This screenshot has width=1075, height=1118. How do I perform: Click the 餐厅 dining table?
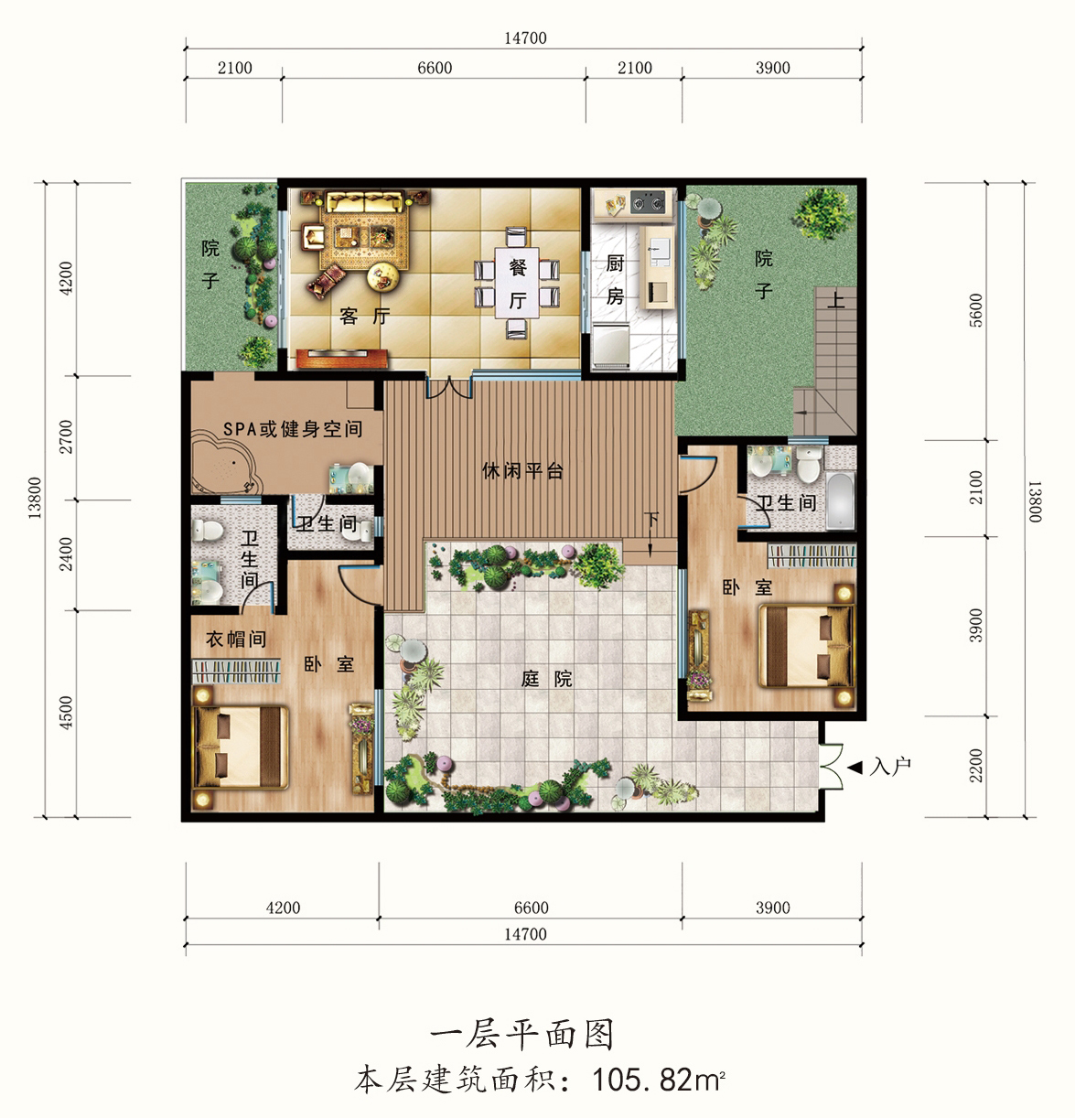coord(517,283)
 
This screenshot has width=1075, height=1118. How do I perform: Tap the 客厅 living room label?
coord(365,316)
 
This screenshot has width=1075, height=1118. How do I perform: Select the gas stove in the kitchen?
coord(648,201)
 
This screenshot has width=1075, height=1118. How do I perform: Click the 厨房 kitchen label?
coord(615,280)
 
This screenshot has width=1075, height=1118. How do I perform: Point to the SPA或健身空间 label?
coord(293,428)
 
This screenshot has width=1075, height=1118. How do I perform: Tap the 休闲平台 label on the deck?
coord(522,471)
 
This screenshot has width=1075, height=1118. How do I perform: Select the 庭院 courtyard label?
coord(546,679)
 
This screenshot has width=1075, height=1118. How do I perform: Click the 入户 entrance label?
coord(890,766)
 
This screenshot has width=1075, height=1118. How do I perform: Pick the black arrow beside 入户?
coord(855,767)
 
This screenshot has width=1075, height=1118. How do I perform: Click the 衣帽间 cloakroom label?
coord(236,639)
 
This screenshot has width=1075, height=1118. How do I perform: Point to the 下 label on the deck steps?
coord(651,520)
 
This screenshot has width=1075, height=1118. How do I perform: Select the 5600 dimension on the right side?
coord(976,310)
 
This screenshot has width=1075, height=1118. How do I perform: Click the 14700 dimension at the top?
coord(525,38)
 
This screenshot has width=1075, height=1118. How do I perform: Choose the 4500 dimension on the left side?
coord(66,713)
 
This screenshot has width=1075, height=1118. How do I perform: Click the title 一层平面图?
coord(522,1035)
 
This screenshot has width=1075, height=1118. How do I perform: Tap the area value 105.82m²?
coord(659,1080)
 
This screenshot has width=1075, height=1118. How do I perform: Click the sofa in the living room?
coord(364,203)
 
